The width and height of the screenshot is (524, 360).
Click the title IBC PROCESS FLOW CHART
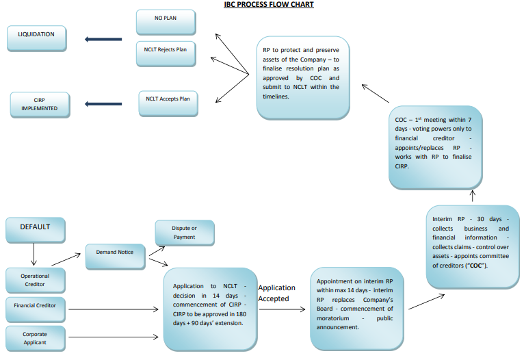tap(269, 5)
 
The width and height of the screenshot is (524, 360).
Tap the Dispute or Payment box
tap(184, 233)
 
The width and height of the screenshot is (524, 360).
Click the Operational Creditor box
tap(35, 279)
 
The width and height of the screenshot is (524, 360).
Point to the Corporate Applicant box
tap(35, 337)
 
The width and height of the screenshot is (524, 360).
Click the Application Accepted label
tap(276, 293)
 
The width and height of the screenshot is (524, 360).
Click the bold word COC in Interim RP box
tap(478, 266)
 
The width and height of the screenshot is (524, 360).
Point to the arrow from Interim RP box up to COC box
tap(472, 196)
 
